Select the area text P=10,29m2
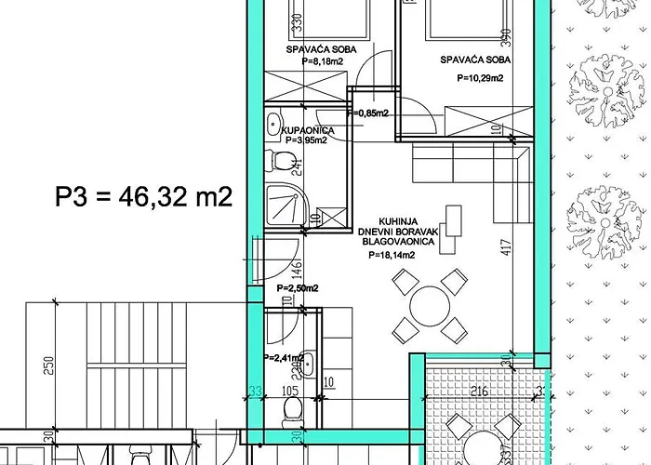click(480, 79)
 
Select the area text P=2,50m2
click(298, 288)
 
